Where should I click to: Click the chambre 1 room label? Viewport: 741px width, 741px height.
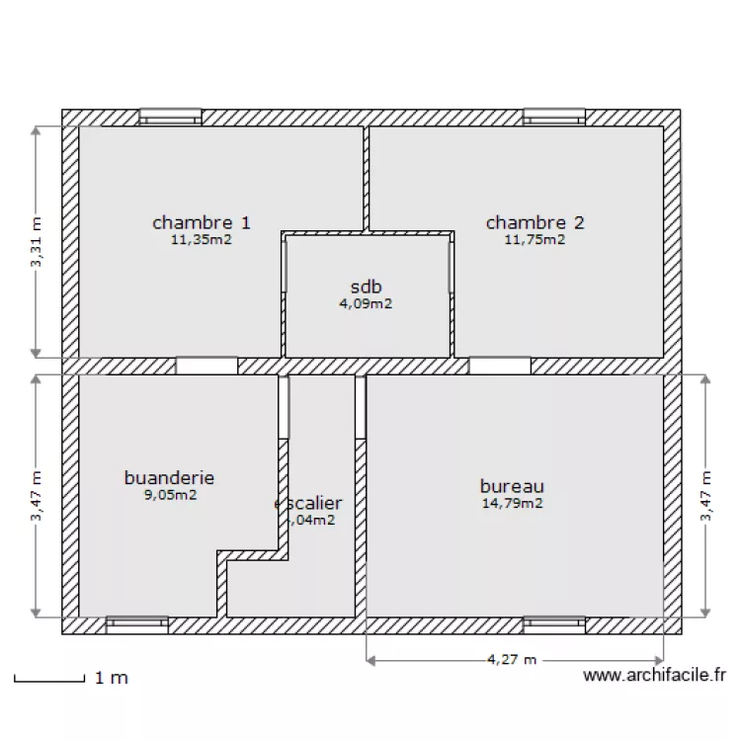coord(201,222)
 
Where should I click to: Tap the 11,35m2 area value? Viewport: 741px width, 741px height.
coord(201,238)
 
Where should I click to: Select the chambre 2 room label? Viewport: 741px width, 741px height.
coord(535,222)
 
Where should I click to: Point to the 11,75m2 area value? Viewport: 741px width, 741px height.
coord(535,238)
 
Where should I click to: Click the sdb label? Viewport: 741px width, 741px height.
coord(366,288)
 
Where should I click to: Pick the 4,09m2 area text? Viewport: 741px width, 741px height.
coord(366,304)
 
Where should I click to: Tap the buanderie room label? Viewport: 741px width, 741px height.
coord(169,478)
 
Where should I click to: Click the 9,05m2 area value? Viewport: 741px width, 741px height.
coord(170,495)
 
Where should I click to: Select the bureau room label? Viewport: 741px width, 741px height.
coord(512,486)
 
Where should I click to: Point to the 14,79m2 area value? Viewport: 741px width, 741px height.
coord(512,503)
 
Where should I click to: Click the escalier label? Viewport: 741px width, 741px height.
coord(308,504)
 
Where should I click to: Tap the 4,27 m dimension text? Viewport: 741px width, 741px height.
coord(512,659)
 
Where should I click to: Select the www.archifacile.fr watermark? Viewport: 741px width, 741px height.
coord(654,676)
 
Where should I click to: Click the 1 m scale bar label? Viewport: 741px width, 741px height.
coord(112,678)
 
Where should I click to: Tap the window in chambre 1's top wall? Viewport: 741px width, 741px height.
coord(170,117)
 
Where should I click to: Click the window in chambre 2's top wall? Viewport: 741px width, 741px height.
coord(554,117)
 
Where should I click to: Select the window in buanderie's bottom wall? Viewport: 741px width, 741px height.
coord(137,624)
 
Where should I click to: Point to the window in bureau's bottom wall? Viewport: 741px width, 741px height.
coord(554,624)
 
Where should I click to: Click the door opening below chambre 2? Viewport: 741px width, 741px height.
coord(499,366)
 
